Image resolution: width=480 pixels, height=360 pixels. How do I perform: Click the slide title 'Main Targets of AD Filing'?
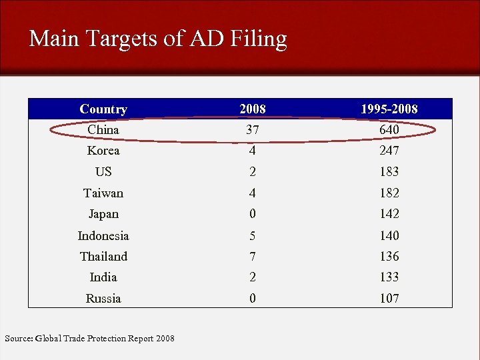pos(158,39)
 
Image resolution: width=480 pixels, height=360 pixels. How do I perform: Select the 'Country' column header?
pos(103,109)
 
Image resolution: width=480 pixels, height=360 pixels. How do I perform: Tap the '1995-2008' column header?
pos(389,109)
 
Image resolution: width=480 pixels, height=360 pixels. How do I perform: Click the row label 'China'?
pos(103,129)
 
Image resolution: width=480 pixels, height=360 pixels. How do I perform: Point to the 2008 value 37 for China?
pos(252,129)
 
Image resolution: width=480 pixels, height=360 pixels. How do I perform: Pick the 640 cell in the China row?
pos(389,129)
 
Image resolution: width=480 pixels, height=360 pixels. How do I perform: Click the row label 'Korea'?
pos(103,151)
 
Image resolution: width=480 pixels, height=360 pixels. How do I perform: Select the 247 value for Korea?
pos(389,151)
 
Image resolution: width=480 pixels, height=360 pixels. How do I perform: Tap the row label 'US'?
pos(103,172)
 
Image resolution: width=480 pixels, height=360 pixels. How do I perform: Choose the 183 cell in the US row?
pos(389,172)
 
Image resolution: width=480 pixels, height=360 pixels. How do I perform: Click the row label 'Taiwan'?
pos(103,193)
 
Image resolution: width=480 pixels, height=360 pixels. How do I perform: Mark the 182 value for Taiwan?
pos(389,193)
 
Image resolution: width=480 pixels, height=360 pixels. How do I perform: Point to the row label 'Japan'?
pos(103,214)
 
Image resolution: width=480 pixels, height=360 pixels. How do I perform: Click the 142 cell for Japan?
pos(389,214)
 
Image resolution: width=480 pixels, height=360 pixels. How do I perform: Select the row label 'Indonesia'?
pos(103,235)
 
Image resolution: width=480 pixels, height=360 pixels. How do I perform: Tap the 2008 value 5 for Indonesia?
pos(252,235)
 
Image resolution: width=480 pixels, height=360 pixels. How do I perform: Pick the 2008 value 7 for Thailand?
pos(252,257)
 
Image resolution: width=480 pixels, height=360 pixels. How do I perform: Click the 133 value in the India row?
pos(389,277)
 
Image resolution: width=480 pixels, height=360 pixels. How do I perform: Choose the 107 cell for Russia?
pos(389,299)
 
